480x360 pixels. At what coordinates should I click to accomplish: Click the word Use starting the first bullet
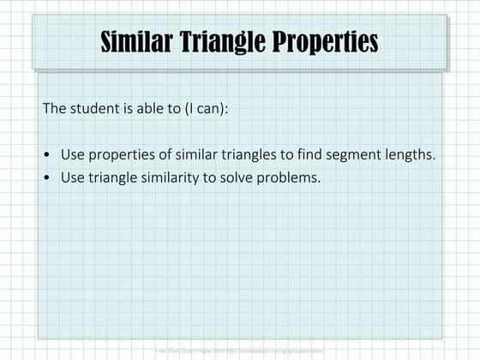point(72,155)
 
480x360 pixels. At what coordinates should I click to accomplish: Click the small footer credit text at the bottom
point(240,351)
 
